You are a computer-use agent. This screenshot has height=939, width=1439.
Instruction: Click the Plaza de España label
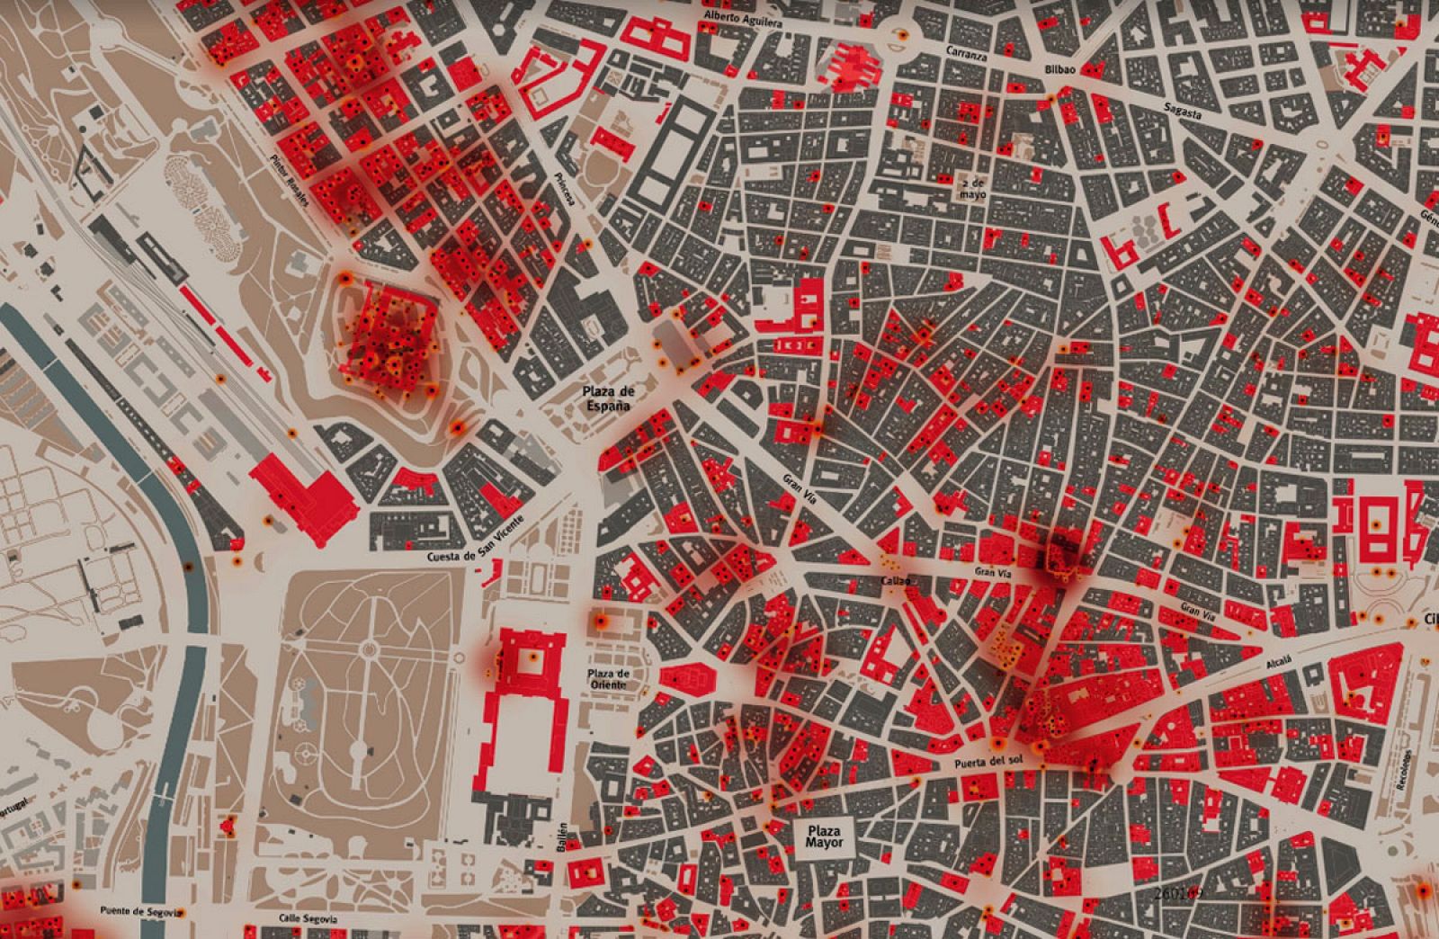(x=609, y=398)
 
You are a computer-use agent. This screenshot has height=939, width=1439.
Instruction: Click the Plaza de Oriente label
(x=609, y=680)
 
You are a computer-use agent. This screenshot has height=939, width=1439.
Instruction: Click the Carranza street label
(x=967, y=54)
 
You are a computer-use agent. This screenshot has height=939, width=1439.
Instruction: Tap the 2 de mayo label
(x=973, y=187)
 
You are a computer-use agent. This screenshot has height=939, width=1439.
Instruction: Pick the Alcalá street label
(x=1278, y=665)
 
